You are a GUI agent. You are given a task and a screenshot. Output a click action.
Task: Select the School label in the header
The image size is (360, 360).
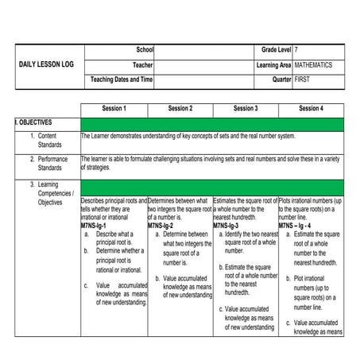tap(145, 50)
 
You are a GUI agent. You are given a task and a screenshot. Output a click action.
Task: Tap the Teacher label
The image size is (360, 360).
tap(143, 64)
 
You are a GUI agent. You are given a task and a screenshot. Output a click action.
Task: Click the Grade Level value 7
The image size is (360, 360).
tap(296, 50)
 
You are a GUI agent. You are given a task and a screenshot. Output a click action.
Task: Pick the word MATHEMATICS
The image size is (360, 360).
tap(313, 64)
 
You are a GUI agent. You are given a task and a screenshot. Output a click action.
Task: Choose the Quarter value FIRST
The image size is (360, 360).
tap(303, 79)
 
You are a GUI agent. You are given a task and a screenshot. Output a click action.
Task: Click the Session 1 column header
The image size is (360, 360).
tap(114, 108)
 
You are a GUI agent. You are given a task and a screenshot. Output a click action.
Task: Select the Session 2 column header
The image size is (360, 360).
tap(180, 108)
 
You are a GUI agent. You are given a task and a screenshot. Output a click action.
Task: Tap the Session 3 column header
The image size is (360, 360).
tap(245, 108)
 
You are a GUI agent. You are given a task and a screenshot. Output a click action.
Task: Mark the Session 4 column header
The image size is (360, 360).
tap(311, 108)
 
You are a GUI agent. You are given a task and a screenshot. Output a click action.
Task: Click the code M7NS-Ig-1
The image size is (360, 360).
tap(94, 226)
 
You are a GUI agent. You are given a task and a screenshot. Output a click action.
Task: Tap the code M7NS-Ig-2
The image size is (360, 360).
tap(161, 226)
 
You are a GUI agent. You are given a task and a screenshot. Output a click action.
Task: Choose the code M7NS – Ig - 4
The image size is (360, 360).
tap(297, 226)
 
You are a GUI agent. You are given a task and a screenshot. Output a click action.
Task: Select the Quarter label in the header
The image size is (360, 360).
tap(281, 79)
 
